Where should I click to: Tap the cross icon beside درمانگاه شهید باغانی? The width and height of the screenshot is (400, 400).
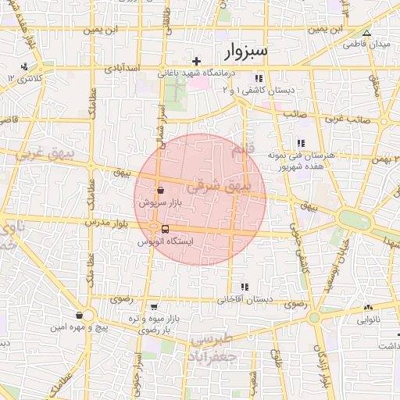(x=197, y=60)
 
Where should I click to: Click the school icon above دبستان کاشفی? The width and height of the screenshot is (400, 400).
(x=259, y=78)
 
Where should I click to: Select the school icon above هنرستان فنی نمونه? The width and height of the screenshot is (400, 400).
(x=300, y=142)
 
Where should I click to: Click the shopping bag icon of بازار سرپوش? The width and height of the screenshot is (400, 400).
(x=160, y=190)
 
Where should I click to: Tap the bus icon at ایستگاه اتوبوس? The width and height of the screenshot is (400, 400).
(x=165, y=229)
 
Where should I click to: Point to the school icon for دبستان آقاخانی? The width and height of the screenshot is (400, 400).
(x=245, y=286)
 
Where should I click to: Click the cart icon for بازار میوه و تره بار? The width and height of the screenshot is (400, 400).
(x=155, y=307)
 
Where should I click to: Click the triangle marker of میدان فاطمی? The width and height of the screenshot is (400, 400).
(x=366, y=33)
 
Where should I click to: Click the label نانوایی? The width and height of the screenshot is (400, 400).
(x=370, y=320)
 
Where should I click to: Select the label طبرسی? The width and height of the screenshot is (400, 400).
(x=212, y=339)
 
